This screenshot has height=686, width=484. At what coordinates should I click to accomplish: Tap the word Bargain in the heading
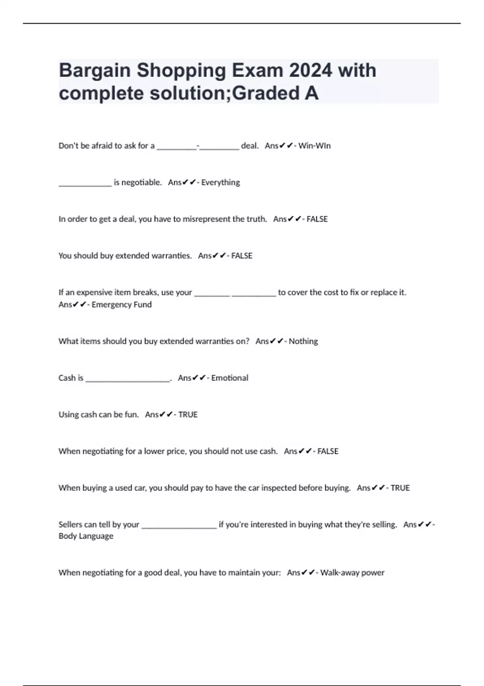[95, 71]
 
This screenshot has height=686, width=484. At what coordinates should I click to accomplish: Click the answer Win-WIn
[314, 146]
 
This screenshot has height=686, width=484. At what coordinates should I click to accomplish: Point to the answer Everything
[220, 182]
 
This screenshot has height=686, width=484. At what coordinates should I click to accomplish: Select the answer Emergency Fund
[121, 305]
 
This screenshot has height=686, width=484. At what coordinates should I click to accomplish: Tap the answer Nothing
[303, 341]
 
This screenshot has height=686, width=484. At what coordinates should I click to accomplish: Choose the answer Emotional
[229, 378]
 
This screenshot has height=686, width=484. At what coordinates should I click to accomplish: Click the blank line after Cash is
[127, 379]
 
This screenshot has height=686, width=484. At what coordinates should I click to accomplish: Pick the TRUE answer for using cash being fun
[188, 415]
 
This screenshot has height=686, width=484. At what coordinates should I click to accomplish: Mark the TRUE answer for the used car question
[400, 488]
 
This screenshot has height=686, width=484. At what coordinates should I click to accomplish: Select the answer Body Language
[86, 536]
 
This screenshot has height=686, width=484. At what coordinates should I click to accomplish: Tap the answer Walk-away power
[352, 573]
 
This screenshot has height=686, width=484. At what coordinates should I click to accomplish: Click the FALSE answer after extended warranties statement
[242, 256]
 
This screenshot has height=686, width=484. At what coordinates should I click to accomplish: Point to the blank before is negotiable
[85, 184]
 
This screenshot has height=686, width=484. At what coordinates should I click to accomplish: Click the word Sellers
[71, 525]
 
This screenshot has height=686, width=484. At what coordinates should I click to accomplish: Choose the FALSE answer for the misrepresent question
[317, 219]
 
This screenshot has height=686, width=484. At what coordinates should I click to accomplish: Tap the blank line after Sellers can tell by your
[179, 526]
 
